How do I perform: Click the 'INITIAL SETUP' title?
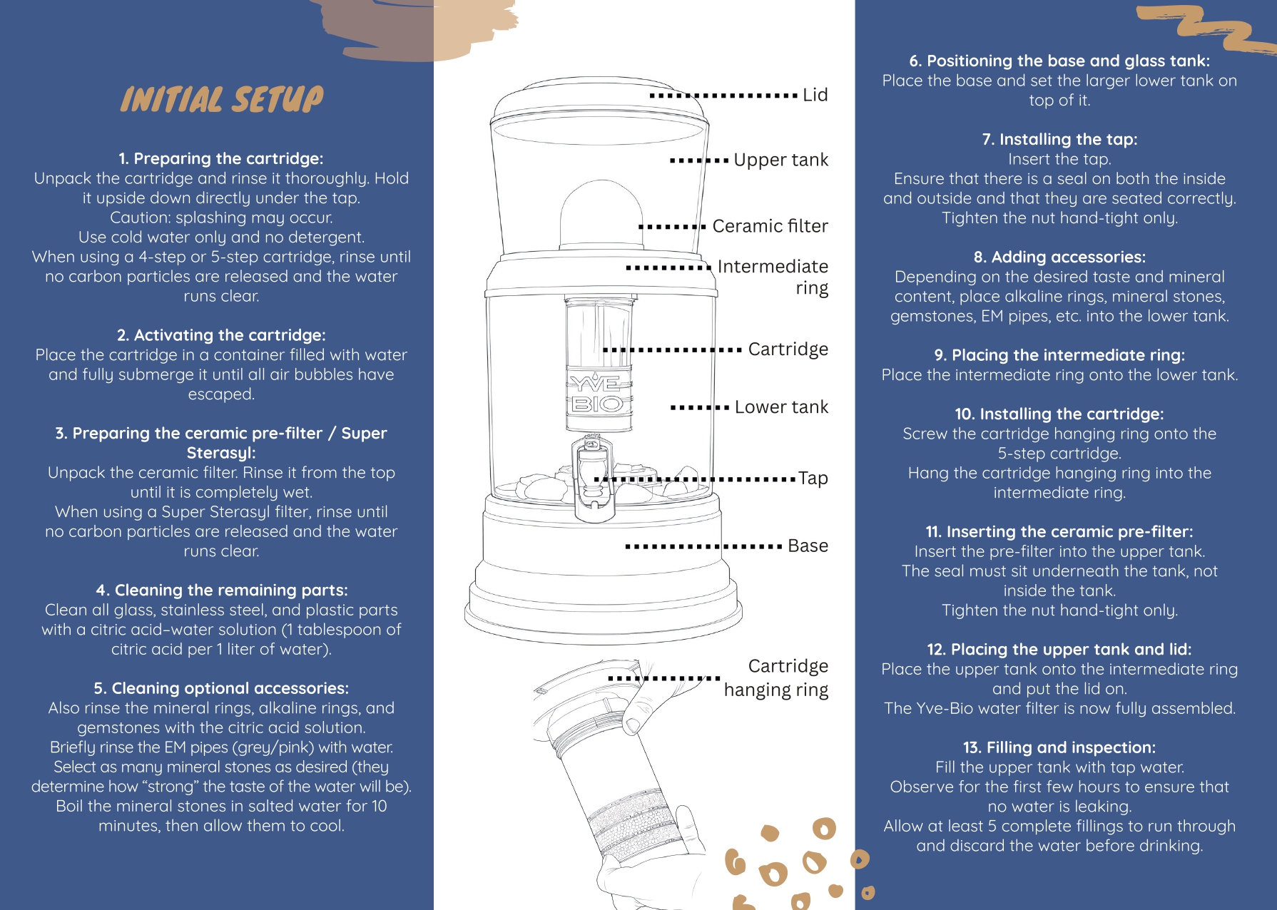tap(222, 99)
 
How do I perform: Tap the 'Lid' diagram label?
tap(815, 95)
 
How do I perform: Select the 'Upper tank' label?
tap(780, 160)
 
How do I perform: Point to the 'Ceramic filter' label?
tap(770, 226)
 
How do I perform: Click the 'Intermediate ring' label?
tap(773, 277)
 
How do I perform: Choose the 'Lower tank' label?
tap(781, 407)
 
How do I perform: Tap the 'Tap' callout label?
tap(813, 479)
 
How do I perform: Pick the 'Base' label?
tap(808, 546)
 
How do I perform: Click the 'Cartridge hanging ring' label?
tap(776, 678)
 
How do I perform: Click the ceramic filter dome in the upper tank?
tap(601, 215)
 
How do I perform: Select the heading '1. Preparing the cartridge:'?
tap(221, 158)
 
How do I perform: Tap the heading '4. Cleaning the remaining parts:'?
tap(222, 590)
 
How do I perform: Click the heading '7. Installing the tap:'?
tap(1059, 139)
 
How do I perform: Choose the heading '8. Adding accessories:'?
tap(1059, 257)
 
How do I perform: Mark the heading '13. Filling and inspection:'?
tap(1059, 747)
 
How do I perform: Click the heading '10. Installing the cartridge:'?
tap(1059, 414)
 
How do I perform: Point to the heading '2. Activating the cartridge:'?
tap(221, 335)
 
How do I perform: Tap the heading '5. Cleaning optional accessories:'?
tap(221, 688)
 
